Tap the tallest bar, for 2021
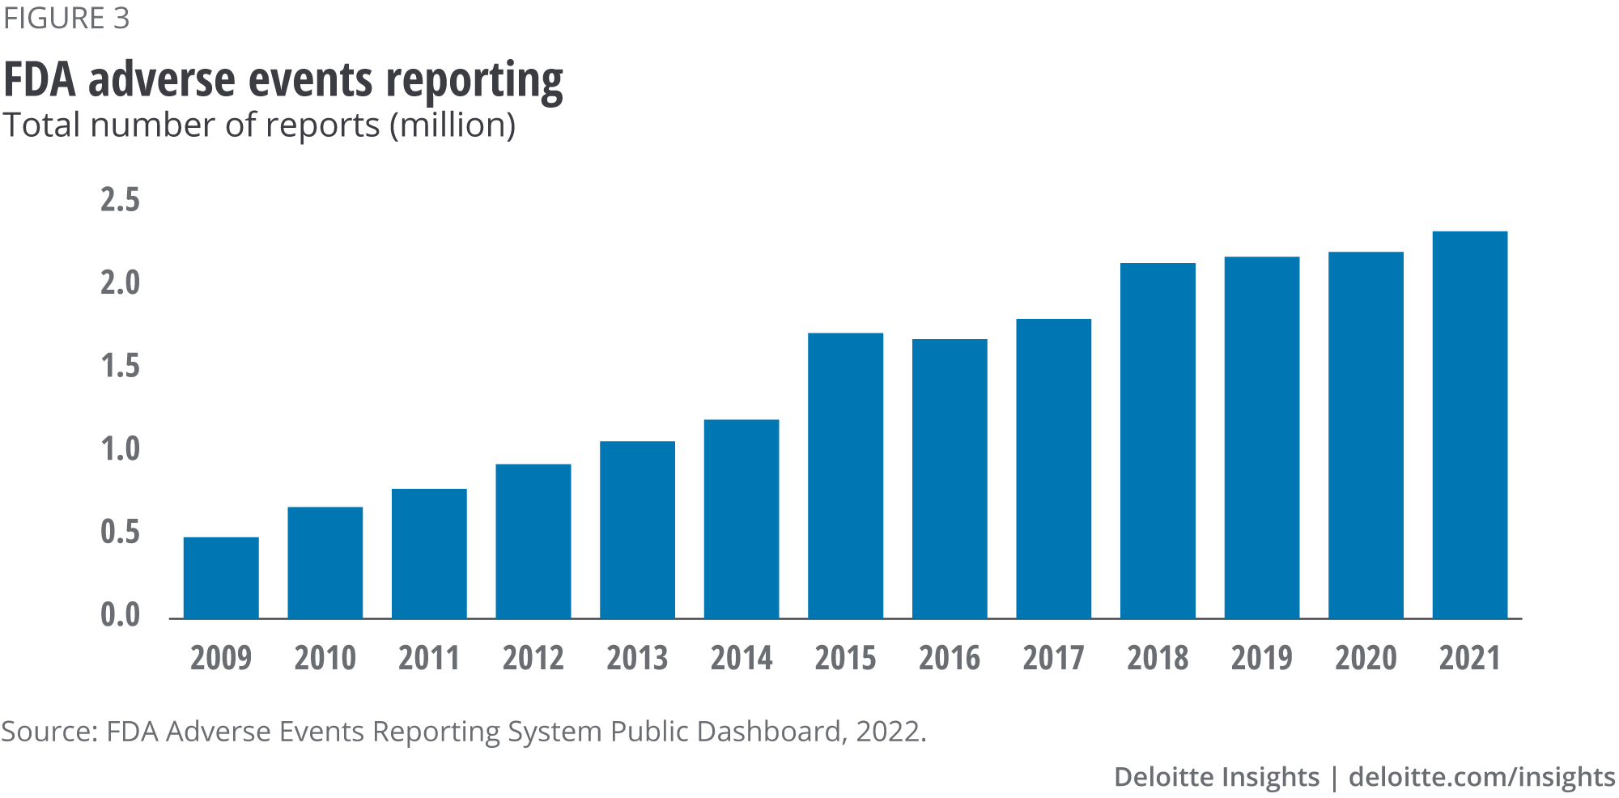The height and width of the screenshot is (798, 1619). (1469, 425)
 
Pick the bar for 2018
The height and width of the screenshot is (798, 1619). (1158, 441)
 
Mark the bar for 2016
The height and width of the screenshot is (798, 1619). (950, 479)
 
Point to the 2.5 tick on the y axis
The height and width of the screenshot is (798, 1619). (120, 200)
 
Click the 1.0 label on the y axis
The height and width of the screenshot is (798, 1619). (120, 449)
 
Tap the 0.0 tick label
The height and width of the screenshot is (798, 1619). (120, 615)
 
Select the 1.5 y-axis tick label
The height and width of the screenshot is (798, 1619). (120, 367)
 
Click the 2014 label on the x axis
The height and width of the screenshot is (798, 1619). (742, 658)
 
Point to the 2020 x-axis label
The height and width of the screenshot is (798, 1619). (1366, 658)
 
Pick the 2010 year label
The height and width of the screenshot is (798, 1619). (325, 658)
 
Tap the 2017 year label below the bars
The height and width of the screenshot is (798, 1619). (1053, 658)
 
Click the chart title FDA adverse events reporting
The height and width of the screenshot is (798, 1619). (283, 81)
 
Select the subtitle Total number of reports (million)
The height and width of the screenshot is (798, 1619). (259, 125)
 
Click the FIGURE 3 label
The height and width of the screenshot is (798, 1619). (66, 19)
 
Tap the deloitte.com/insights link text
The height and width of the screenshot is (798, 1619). (1482, 777)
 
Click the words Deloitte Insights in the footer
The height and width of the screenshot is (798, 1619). (1217, 777)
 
